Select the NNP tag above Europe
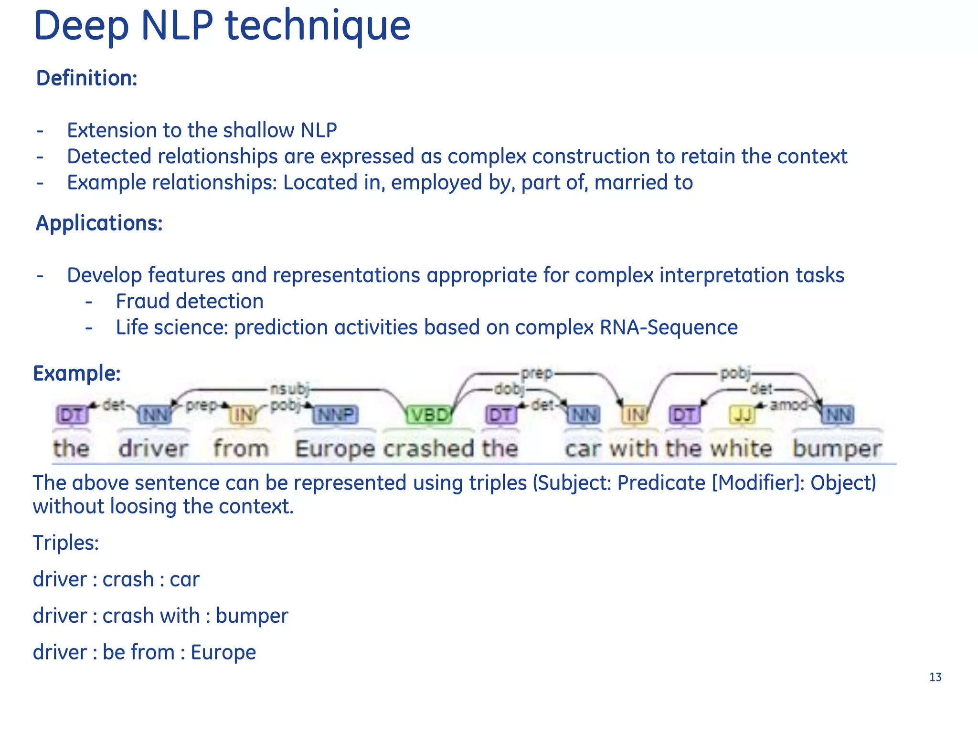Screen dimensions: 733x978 point(336,415)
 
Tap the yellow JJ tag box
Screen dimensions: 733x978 point(742,415)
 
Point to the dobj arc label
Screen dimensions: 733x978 point(509,389)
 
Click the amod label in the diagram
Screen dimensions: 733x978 point(788,405)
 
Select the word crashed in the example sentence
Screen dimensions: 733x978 point(428,449)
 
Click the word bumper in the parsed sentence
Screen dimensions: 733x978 point(837,449)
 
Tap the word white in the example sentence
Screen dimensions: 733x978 point(741,449)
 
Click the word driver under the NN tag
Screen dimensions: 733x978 point(153,449)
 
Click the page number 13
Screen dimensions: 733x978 point(935,677)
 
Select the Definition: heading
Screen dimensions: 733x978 point(87,78)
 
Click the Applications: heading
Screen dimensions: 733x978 point(99,223)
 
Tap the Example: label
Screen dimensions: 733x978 point(77,373)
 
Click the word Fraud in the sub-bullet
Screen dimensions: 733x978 point(144,302)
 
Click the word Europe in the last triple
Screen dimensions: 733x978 point(223,652)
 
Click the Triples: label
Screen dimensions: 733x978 point(66,543)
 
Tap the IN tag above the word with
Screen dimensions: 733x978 point(635,415)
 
